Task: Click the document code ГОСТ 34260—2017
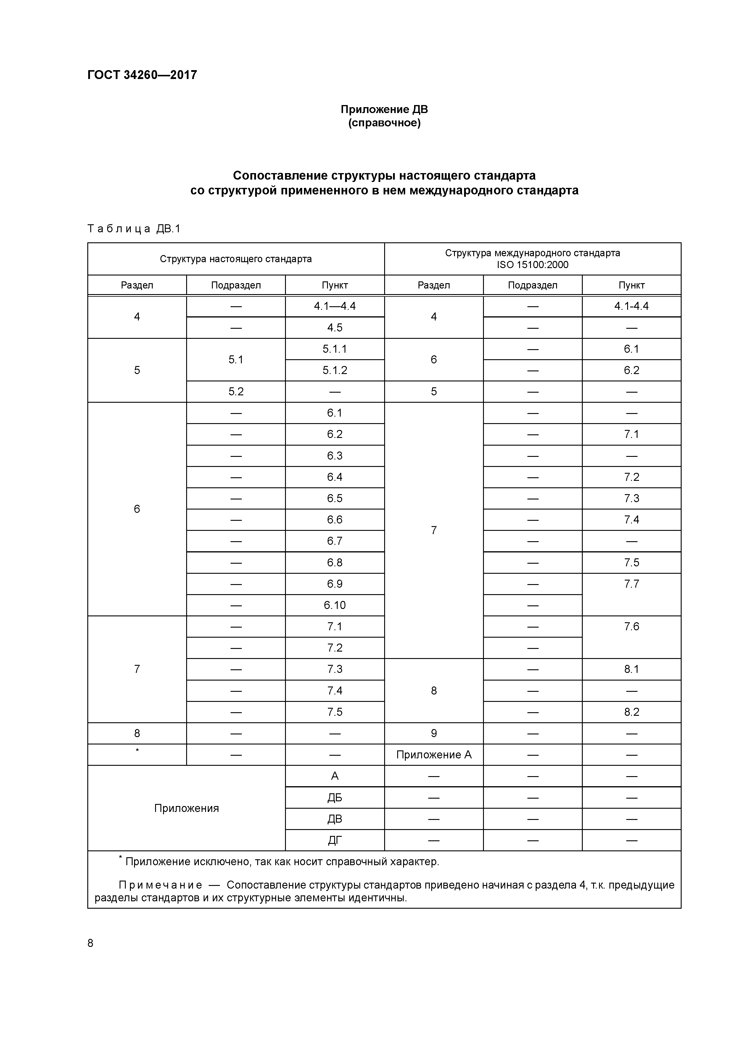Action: pyautogui.click(x=142, y=75)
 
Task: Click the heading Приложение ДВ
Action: pyautogui.click(x=384, y=109)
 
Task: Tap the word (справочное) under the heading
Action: pyautogui.click(x=384, y=123)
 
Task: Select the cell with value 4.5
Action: pyautogui.click(x=335, y=328)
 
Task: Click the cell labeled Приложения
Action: pyautogui.click(x=186, y=808)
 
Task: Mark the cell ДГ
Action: pyautogui.click(x=335, y=840)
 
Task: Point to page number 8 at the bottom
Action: pyautogui.click(x=91, y=943)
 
